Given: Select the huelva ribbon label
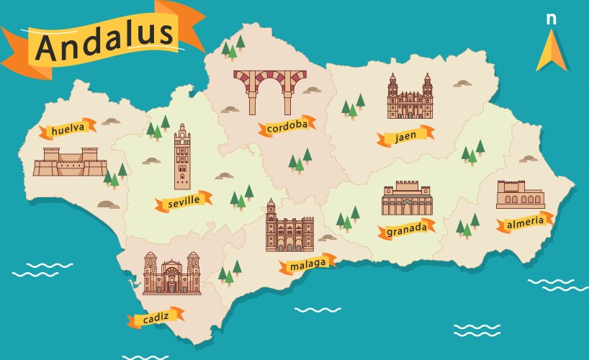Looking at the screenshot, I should click(x=68, y=129).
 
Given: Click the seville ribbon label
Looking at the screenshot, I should click(x=183, y=202).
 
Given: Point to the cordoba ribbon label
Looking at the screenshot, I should click(x=287, y=127).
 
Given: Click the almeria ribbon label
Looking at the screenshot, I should click(x=525, y=222).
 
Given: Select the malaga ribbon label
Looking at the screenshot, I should click(x=307, y=264).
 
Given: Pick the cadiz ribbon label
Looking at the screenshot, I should click(x=156, y=318).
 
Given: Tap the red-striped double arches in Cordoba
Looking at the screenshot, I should click(x=269, y=90).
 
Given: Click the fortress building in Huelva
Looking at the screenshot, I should click(x=70, y=162).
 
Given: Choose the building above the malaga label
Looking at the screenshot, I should click(x=288, y=229).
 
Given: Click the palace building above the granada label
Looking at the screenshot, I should click(x=407, y=199).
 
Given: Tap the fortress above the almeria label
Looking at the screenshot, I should click(x=520, y=194).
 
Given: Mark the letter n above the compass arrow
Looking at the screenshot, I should click(x=551, y=19).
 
